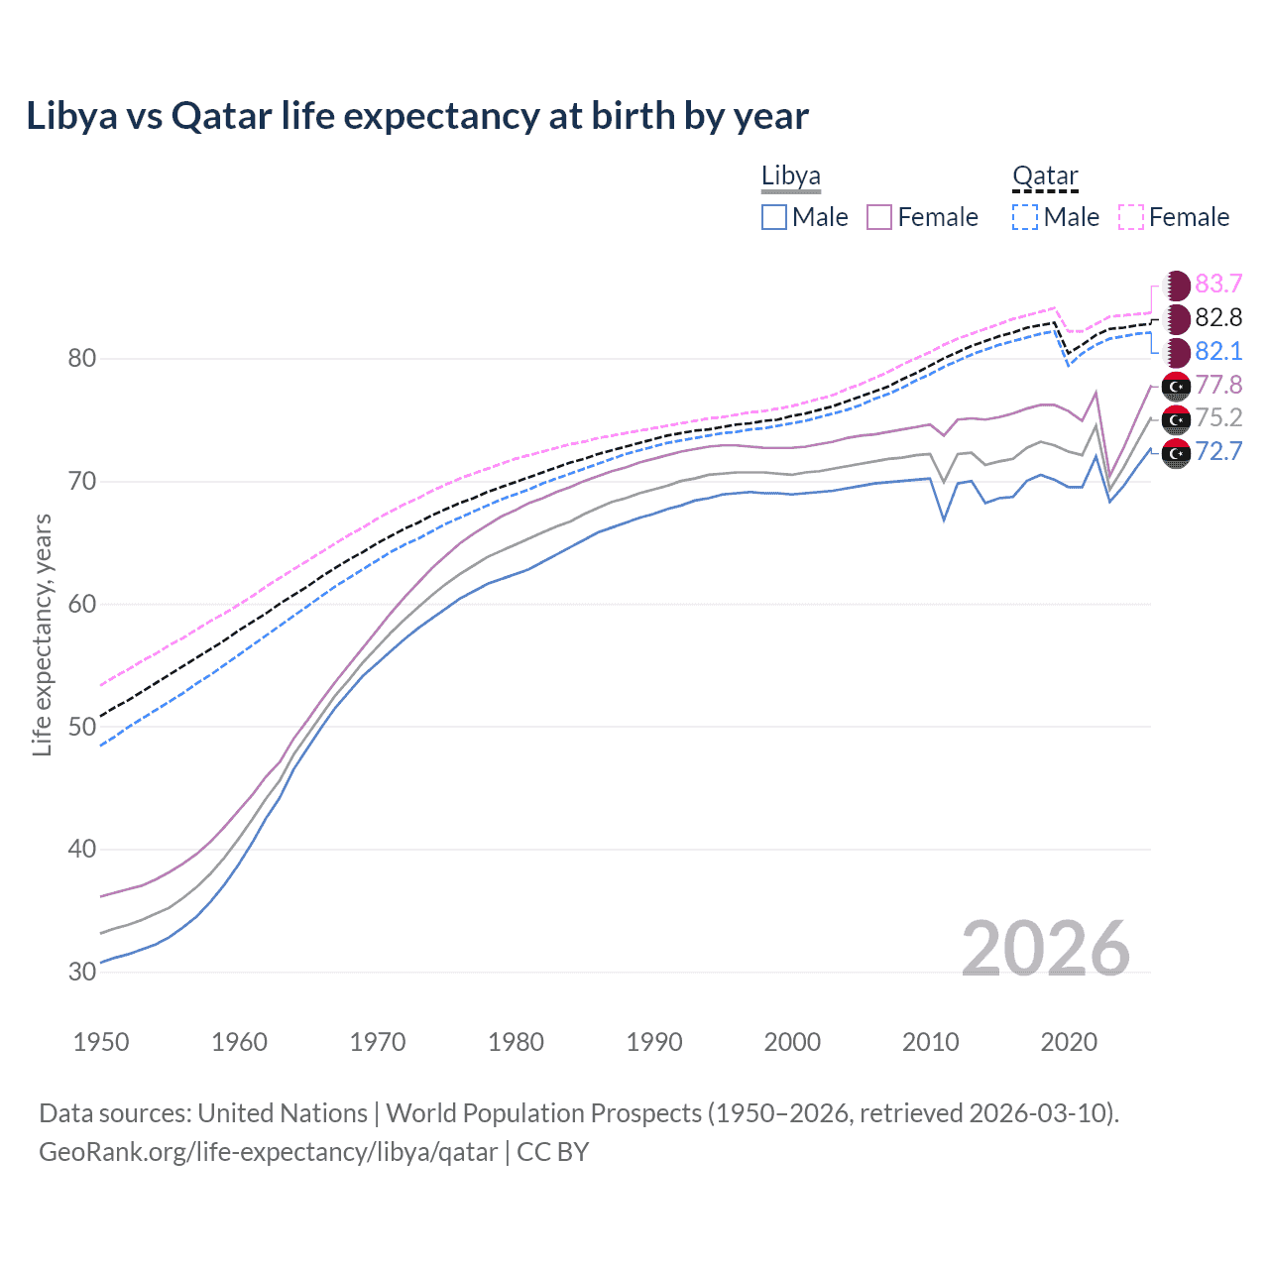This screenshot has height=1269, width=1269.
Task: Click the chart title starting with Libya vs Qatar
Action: click(417, 116)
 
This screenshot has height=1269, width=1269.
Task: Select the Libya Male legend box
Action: click(774, 217)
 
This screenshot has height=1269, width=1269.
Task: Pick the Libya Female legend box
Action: click(879, 217)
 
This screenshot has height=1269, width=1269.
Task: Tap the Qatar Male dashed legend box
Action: click(1025, 217)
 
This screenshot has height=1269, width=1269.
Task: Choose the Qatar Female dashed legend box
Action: click(1131, 217)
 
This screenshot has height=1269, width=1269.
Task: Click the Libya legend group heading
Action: click(791, 176)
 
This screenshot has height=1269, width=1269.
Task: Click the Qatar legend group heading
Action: click(1045, 176)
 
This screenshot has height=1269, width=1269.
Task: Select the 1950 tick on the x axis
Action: click(101, 1042)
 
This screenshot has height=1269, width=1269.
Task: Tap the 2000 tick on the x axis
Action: click(792, 1042)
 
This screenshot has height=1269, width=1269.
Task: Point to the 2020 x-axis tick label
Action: click(1069, 1042)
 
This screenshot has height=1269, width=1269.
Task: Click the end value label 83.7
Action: click(1218, 285)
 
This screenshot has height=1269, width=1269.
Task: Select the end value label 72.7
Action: click(1218, 452)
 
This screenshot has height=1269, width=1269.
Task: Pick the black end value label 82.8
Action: click(1218, 318)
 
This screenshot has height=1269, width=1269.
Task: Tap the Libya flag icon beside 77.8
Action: click(1176, 386)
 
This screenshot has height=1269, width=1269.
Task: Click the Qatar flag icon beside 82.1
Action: click(1176, 352)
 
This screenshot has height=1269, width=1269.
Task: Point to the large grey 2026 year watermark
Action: click(1046, 949)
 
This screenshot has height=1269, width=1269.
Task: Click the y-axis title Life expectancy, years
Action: click(42, 634)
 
